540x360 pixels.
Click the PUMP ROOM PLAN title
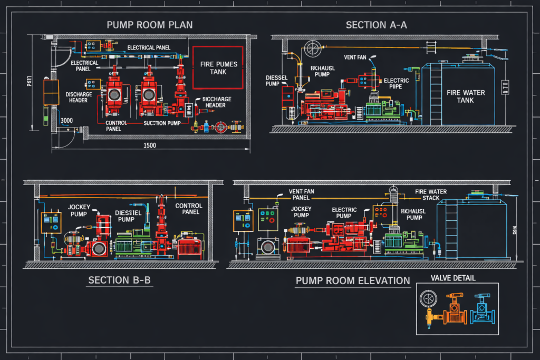coord(149,25)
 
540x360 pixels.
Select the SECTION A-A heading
coord(376,25)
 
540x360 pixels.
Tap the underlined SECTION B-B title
coord(119,280)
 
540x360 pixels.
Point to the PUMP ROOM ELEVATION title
coord(353,280)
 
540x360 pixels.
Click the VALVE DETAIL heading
coord(452,278)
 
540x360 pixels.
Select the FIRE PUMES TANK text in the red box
coord(218,67)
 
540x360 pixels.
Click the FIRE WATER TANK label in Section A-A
coord(466,96)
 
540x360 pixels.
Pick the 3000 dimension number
coord(66,121)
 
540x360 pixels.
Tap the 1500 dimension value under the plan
coord(149,146)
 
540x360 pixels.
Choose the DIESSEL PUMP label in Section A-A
coord(276,80)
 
